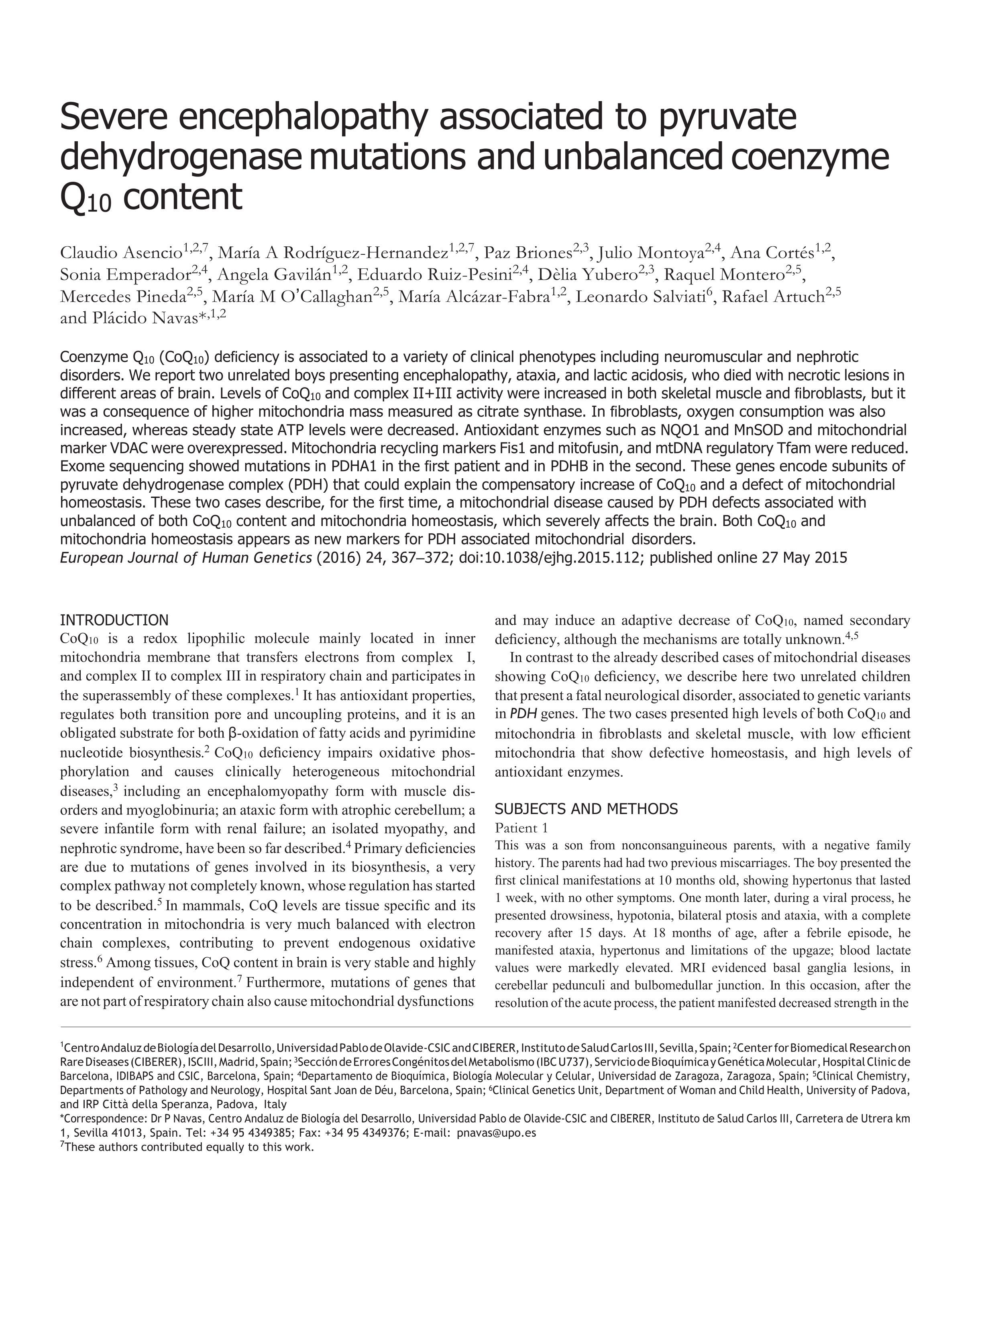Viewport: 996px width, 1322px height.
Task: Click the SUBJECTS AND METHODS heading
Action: pyautogui.click(x=586, y=809)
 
